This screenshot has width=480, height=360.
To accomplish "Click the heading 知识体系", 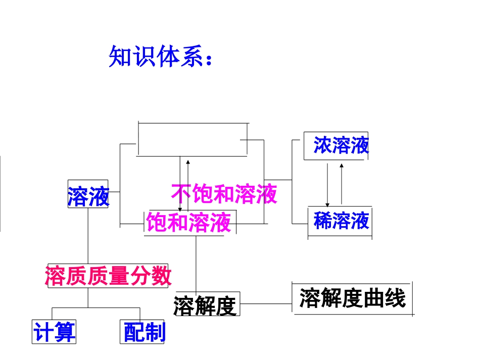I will [152, 57].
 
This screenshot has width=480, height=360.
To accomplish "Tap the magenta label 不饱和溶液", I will [224, 193].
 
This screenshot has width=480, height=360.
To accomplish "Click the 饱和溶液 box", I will [189, 222].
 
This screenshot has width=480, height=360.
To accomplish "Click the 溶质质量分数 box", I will [108, 276].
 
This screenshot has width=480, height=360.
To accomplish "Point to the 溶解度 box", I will [206, 305].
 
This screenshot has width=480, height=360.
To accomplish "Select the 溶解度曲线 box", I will [352, 298].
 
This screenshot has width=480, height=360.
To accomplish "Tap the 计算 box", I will [54, 332].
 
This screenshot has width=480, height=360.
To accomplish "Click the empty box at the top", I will [193, 139].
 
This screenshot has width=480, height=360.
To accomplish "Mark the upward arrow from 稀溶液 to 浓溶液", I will [342, 183].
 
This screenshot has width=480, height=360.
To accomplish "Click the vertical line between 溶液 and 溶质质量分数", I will [88, 235].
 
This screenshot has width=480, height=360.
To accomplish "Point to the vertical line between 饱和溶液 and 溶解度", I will [196, 263].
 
